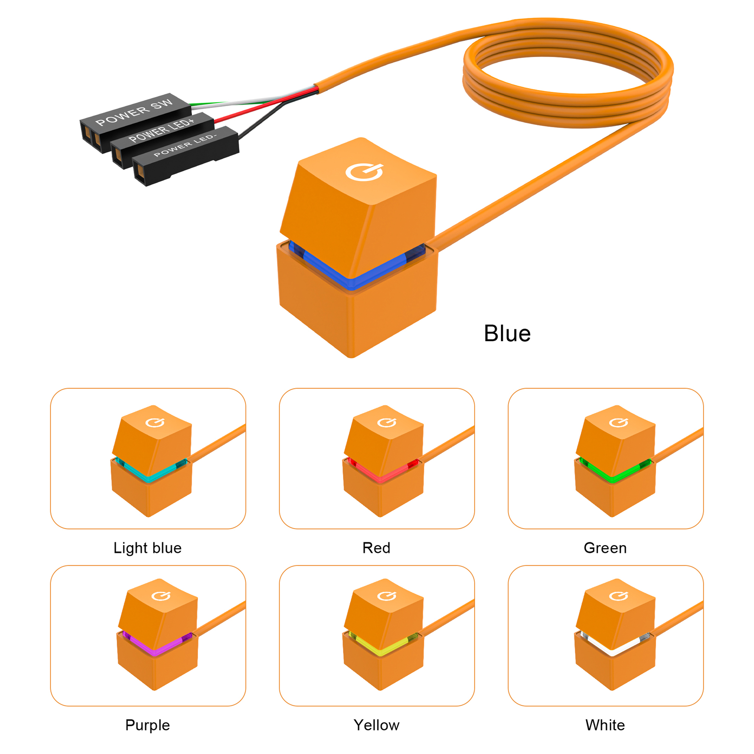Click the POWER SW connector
tap(134, 118)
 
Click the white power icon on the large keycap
tap(364, 172)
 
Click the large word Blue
tap(507, 334)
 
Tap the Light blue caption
tap(148, 548)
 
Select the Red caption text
tap(376, 548)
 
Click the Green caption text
tap(605, 548)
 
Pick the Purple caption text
tap(148, 725)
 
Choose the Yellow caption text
tap(377, 725)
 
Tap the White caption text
tap(605, 725)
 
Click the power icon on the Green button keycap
tap(618, 422)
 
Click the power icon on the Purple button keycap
tap(161, 596)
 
